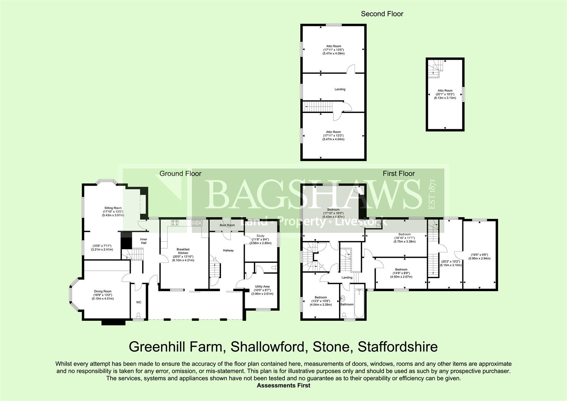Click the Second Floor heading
tap(382, 14)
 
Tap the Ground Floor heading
tap(180, 173)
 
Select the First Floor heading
tap(399, 173)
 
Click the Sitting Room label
tap(113, 208)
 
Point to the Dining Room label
tap(103, 291)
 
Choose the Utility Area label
tap(262, 286)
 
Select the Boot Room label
tap(227, 225)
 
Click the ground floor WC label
tap(139, 302)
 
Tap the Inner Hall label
tap(143, 241)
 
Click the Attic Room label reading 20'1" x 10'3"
tap(445, 91)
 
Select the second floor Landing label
tap(340, 89)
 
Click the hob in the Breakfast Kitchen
tap(175, 223)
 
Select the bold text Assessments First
tap(283, 385)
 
